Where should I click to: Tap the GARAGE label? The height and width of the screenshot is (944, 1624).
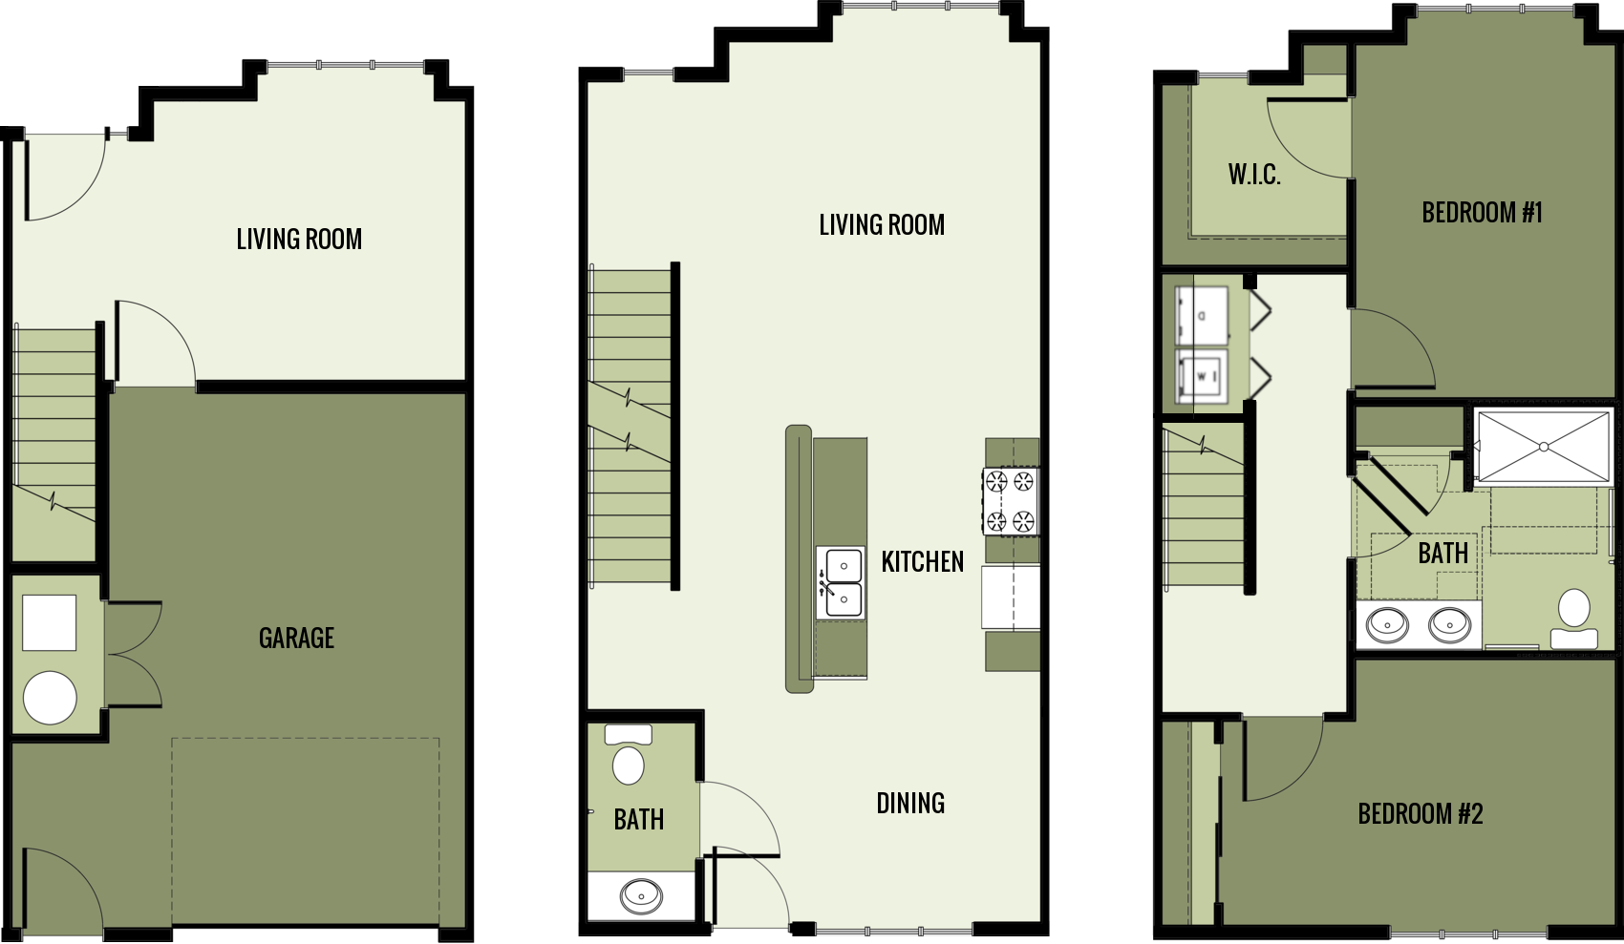pos(296,638)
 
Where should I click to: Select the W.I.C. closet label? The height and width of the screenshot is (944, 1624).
pos(1254,175)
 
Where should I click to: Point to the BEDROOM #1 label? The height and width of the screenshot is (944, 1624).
pos(1482,213)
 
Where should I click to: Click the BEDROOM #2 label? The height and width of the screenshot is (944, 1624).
pos(1421,814)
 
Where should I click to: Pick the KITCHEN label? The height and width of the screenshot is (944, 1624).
pos(922,562)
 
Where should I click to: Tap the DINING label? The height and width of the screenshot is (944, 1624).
pos(910,804)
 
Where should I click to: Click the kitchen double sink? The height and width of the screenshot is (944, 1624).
pos(841,582)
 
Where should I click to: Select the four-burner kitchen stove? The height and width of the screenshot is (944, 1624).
pos(1011,501)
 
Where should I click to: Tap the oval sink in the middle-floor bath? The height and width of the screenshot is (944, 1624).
pos(641,895)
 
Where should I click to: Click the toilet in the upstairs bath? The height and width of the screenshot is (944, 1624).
pos(1574,616)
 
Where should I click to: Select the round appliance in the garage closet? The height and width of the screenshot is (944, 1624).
pos(50,697)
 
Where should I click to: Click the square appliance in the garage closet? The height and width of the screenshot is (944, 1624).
pos(50,622)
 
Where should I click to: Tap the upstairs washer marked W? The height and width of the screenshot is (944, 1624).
pos(1202,376)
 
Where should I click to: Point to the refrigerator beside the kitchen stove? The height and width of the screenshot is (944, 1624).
pos(1011,598)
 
